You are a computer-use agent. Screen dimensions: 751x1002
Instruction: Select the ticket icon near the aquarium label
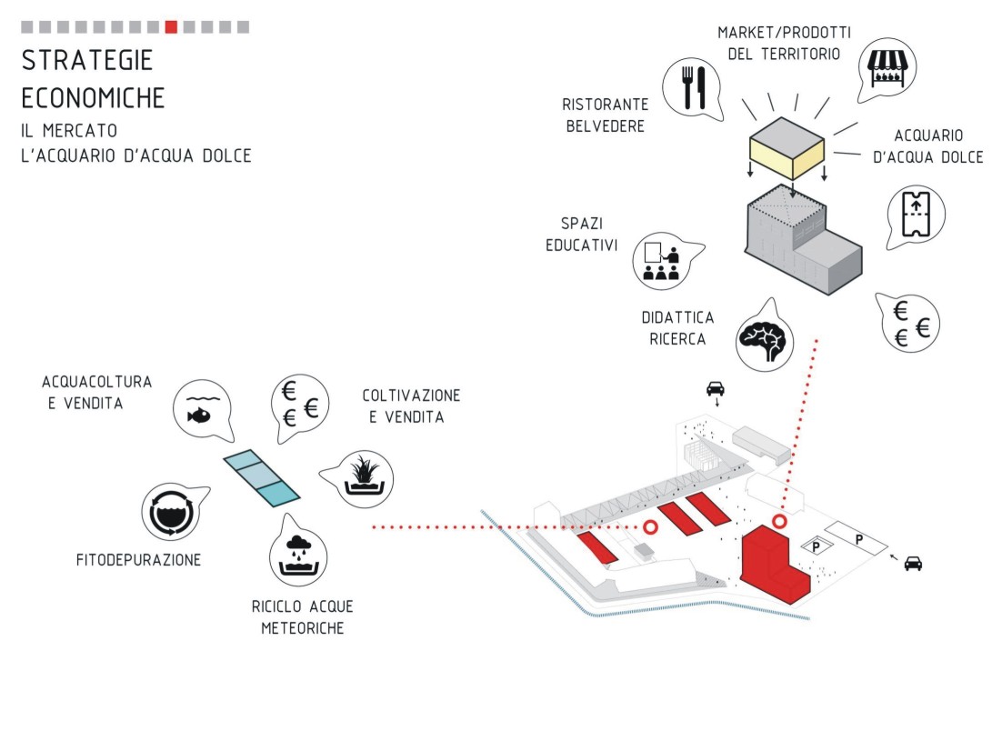pyautogui.click(x=914, y=215)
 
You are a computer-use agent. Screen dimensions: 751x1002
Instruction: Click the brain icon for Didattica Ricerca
pyautogui.click(x=763, y=340)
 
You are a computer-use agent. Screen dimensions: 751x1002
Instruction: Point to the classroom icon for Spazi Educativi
pyautogui.click(x=661, y=260)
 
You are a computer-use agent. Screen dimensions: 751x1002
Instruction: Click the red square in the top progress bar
pyautogui.click(x=171, y=27)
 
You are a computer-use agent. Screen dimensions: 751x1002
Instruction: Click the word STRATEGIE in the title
pyautogui.click(x=87, y=60)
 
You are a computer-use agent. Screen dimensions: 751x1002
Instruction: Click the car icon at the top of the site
pyautogui.click(x=716, y=389)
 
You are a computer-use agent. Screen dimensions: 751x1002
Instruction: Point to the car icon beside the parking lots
pyautogui.click(x=913, y=564)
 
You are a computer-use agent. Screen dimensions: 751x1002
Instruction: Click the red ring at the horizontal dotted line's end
pyautogui.click(x=650, y=527)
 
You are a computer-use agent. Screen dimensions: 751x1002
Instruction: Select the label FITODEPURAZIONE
pyautogui.click(x=138, y=560)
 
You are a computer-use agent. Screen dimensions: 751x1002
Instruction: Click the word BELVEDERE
pyautogui.click(x=606, y=125)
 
